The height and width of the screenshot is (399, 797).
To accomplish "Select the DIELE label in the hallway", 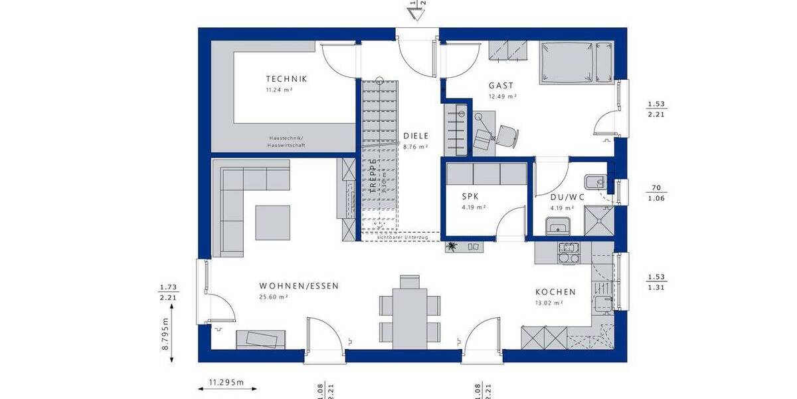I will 416,136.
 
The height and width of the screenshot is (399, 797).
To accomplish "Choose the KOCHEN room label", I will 555,292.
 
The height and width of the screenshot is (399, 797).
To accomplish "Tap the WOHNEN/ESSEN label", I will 299,286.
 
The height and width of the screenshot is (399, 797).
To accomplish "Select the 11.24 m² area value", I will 279,89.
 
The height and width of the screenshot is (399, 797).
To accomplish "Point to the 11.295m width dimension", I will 226,382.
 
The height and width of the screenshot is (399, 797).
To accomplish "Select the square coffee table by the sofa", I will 273,222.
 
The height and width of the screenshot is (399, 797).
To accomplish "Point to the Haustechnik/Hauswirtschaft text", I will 286,141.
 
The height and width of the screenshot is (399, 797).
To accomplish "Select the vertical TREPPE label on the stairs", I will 373,176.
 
